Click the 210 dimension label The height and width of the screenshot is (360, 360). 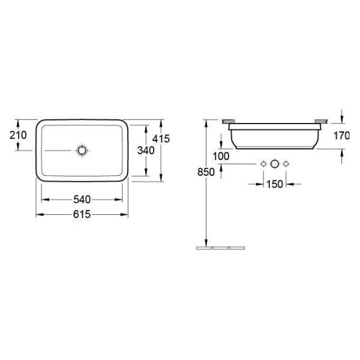(18, 135)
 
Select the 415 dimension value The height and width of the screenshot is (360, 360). (161, 139)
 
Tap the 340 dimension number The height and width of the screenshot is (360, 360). (146, 151)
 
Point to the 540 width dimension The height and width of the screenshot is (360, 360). (82, 200)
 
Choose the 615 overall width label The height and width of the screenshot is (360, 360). (82, 214)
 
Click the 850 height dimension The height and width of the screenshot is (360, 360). (206, 172)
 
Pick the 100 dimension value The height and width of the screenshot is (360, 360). (221, 157)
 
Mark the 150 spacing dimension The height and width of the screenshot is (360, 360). (275, 184)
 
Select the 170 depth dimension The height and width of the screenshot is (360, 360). (341, 136)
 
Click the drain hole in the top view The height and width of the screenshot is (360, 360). (82, 151)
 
